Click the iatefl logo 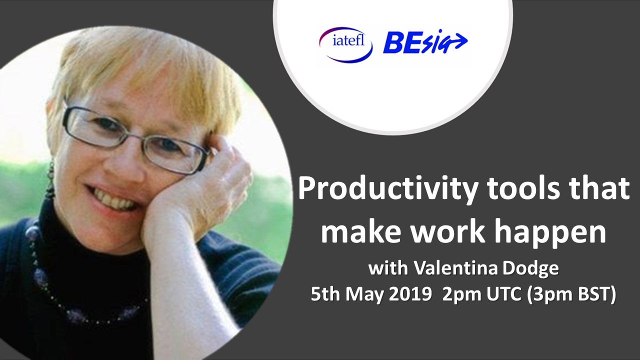(345, 44)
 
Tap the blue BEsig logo (425, 42)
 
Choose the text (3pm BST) (570, 295)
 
